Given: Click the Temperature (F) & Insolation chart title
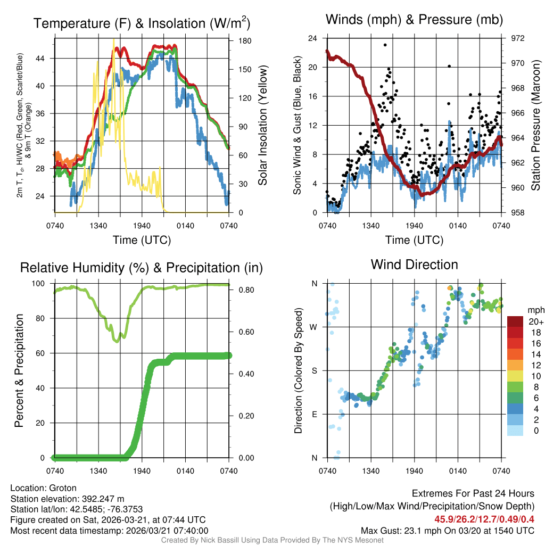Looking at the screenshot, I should point(142,23).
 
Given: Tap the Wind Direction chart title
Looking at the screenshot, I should point(414,264).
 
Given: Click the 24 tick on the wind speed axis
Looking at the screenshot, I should point(313,38).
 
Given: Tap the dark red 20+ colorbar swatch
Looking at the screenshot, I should point(515,321).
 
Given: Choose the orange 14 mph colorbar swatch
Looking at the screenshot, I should point(515,354).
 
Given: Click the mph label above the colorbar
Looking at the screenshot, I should point(534,310).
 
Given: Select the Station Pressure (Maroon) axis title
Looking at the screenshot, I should point(536,126).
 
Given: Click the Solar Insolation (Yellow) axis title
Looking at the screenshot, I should point(263,126).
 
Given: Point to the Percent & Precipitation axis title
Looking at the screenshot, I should point(19,370).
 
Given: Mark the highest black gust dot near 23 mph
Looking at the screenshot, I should point(385,45).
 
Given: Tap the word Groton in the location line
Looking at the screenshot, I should point(63,488).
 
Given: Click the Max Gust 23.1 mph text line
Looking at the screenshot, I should point(448,530).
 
